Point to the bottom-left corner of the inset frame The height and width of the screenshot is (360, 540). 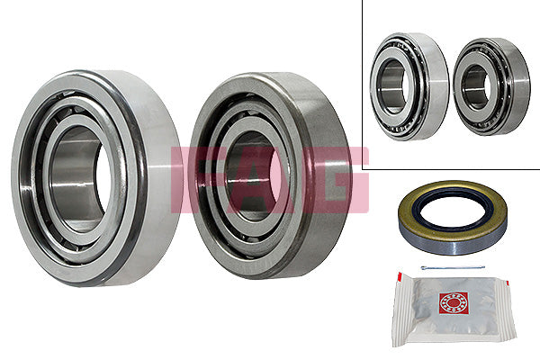pyautogui.click(x=365, y=167)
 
